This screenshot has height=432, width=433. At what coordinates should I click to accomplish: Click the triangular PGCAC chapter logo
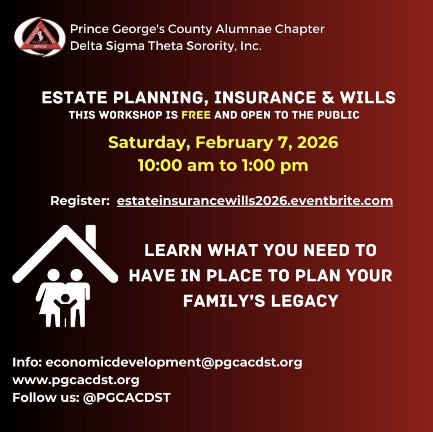pos(40,37)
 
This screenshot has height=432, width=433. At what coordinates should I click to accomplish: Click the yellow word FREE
pos(196,115)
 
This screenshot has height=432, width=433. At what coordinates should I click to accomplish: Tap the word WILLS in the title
pos(368,98)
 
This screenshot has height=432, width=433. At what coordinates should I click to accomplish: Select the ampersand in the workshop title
pos(328,98)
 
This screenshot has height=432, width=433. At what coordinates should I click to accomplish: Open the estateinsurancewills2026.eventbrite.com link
pos(255,201)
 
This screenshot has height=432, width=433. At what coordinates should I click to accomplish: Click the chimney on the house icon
pos(91,236)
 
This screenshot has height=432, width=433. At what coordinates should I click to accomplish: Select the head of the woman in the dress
pos(53,275)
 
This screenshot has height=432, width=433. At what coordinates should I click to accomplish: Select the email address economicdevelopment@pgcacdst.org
pos(174,362)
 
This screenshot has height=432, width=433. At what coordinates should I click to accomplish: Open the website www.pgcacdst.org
pos(76,380)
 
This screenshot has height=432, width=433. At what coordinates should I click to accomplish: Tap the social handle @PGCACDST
pos(127,398)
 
